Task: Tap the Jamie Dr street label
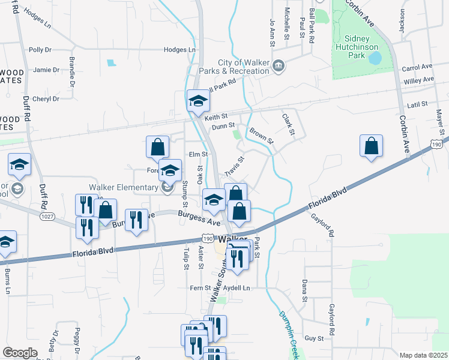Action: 46,70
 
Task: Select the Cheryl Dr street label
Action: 46,99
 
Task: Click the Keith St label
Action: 217,116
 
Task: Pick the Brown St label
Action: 261,136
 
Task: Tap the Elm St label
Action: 198,154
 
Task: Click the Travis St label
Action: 234,167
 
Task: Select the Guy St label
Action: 314,338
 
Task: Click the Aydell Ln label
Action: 237,289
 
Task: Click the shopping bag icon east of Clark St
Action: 372,146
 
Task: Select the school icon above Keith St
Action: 197,101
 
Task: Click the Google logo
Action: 20,353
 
